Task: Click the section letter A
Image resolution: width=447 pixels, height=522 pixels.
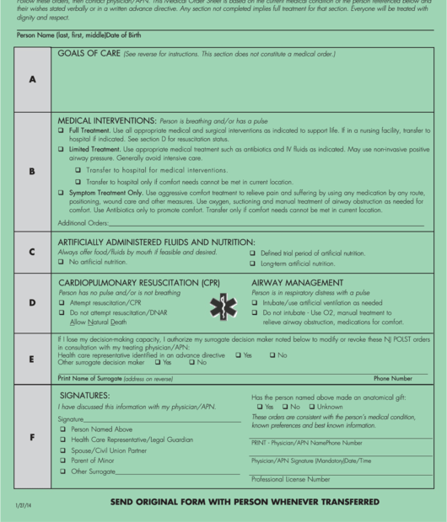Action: click(33, 79)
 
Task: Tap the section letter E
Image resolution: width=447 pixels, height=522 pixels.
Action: click(33, 359)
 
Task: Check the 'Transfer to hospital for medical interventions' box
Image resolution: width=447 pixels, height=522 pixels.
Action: click(78, 169)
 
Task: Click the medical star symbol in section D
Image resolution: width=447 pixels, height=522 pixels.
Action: click(222, 308)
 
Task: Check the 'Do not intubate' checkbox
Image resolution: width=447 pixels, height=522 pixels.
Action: click(255, 312)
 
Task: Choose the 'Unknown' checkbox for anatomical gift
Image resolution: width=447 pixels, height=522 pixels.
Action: click(311, 406)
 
